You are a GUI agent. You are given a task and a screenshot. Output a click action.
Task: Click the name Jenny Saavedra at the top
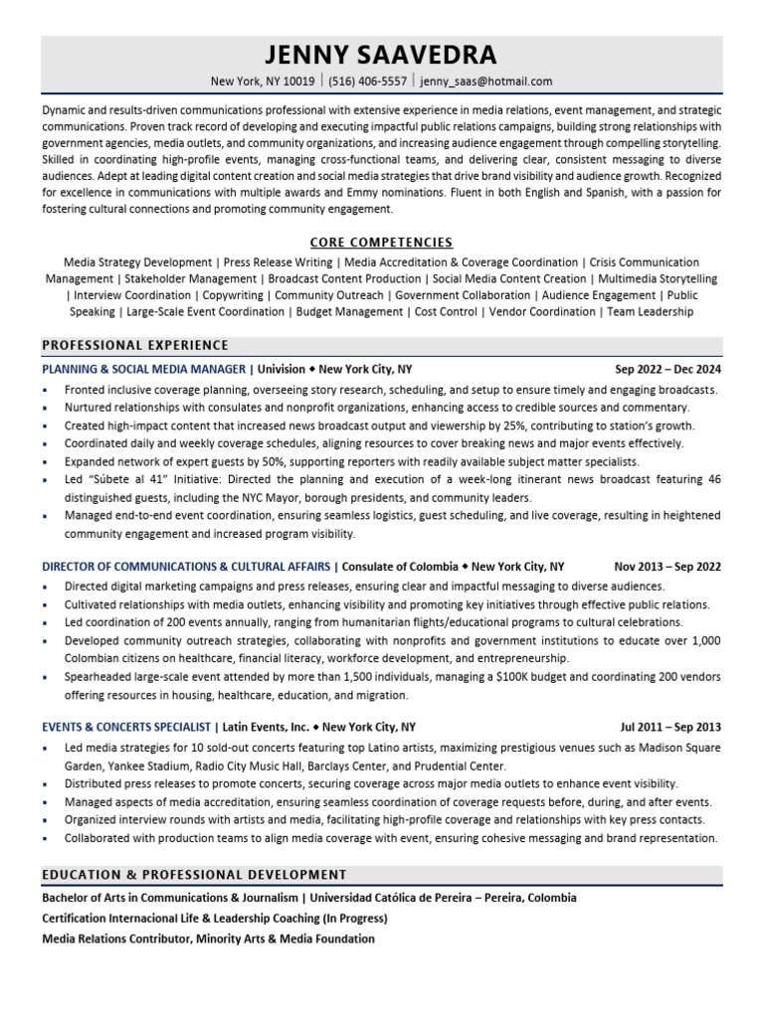[382, 55]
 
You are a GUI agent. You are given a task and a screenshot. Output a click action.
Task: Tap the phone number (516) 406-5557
[367, 82]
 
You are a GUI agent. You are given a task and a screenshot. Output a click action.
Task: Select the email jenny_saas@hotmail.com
[486, 82]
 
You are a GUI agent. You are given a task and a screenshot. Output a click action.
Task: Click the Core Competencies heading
[381, 243]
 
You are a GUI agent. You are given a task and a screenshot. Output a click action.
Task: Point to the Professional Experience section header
[135, 346]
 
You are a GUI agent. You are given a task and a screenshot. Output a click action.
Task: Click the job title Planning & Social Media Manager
[143, 369]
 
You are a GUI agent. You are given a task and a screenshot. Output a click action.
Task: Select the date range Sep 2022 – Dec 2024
[668, 369]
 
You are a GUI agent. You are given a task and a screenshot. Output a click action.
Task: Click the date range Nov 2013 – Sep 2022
[668, 567]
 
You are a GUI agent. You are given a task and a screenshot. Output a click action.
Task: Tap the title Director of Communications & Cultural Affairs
[186, 567]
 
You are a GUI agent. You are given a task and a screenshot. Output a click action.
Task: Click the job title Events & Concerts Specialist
[125, 727]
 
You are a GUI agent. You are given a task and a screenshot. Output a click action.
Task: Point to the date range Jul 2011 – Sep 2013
[670, 727]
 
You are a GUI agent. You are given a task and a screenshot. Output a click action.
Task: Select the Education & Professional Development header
[194, 875]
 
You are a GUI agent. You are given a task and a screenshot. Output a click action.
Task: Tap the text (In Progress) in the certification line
[352, 919]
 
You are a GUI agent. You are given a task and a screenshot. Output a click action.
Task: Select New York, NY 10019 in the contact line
[263, 82]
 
